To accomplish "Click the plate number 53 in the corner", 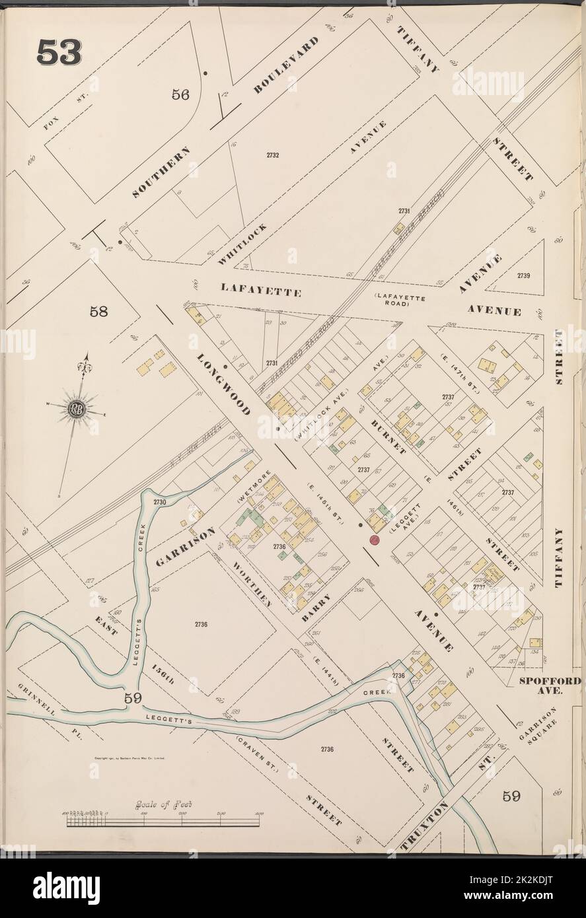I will click(x=59, y=52).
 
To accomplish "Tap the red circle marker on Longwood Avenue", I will click(x=374, y=540).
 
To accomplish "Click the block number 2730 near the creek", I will click(x=159, y=503).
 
